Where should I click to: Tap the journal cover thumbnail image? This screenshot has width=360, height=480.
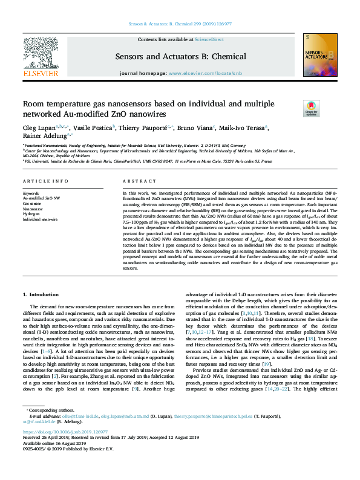click(318, 56)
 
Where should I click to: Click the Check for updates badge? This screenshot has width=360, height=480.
click(295, 108)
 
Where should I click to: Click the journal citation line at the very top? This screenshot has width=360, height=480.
click(180, 24)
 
